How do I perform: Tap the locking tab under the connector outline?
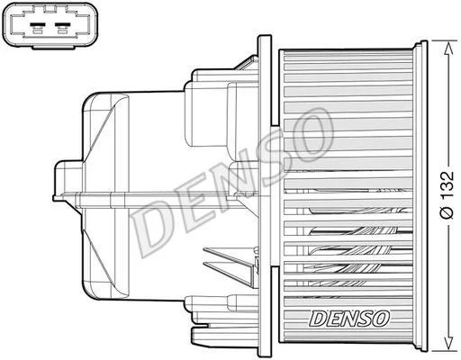click(53, 47)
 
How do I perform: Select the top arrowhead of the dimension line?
click(448, 49)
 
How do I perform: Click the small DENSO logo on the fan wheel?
click(349, 319)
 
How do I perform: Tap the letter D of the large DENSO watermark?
click(151, 229)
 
